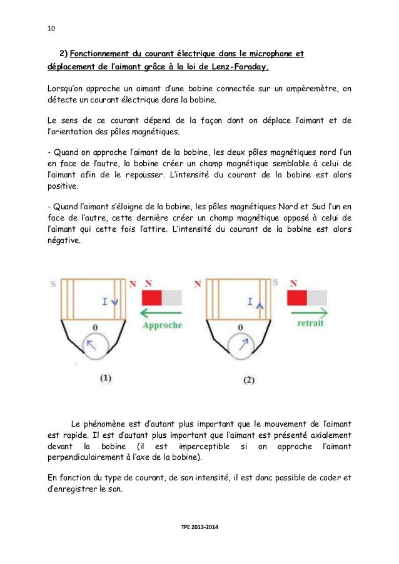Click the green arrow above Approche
click(x=161, y=312)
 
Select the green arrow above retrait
click(x=306, y=312)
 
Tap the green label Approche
click(x=163, y=325)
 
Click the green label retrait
click(x=310, y=324)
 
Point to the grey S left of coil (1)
click(x=53, y=285)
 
